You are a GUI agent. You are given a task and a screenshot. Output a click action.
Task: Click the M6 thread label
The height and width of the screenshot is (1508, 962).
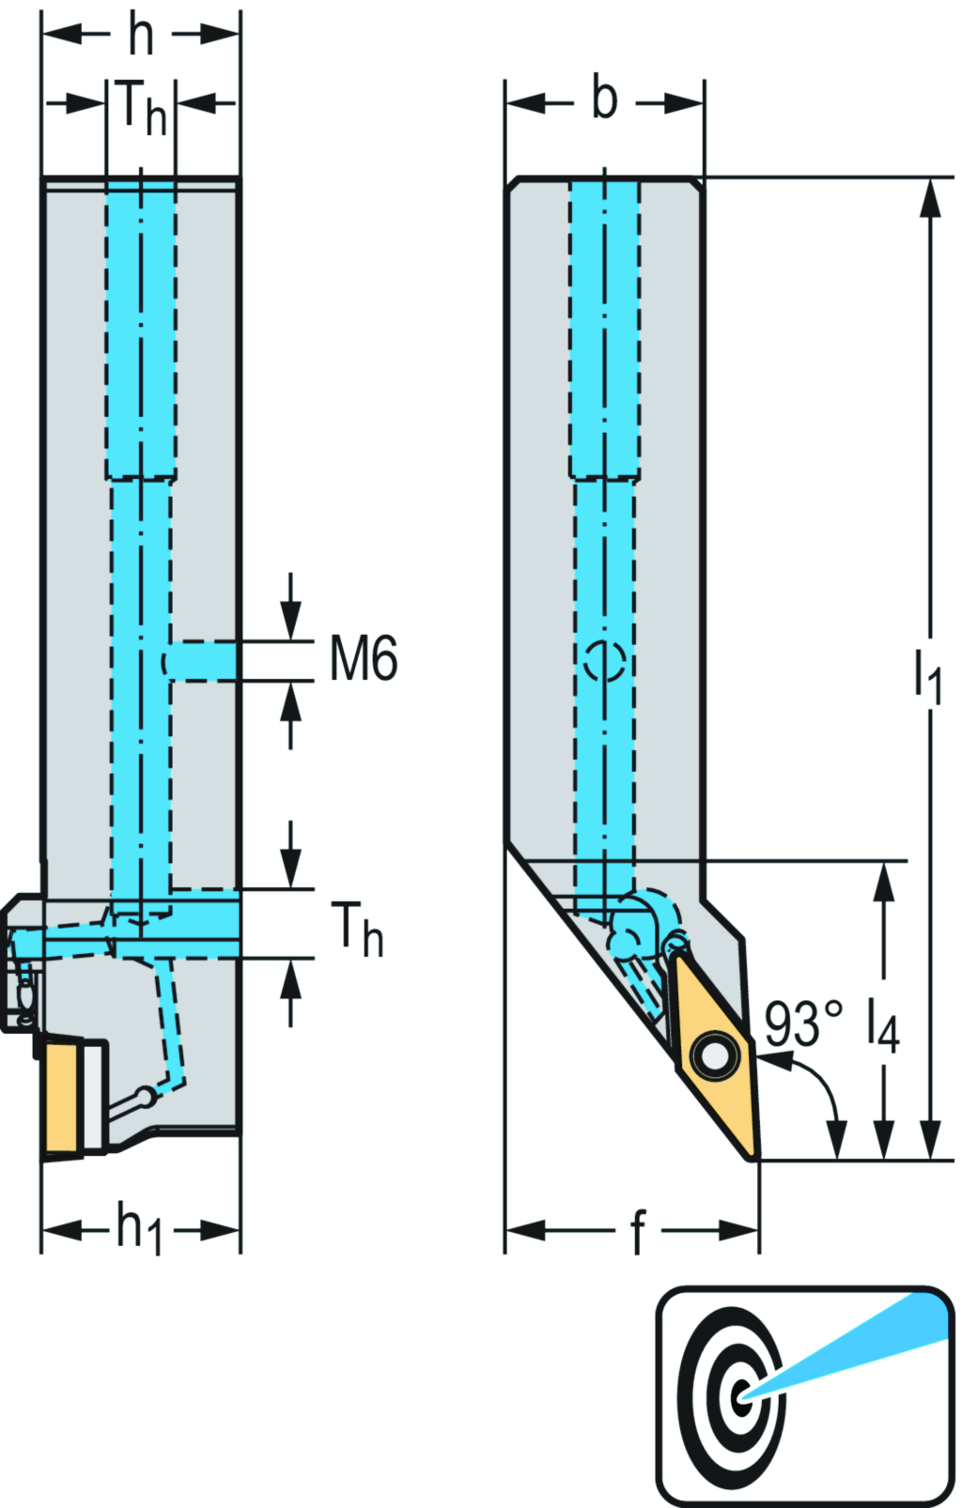click(364, 658)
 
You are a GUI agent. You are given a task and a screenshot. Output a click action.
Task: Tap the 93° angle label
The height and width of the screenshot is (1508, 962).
click(802, 1023)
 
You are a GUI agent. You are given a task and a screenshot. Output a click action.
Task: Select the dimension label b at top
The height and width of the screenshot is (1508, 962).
click(604, 99)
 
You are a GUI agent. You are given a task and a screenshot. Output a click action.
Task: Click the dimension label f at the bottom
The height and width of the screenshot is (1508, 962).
click(638, 1232)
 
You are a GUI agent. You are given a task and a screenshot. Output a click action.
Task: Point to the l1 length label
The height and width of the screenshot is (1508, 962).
click(928, 674)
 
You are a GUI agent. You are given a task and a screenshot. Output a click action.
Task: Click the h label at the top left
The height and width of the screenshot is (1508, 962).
click(141, 35)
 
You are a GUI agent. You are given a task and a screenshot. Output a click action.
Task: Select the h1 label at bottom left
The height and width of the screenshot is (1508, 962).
click(139, 1228)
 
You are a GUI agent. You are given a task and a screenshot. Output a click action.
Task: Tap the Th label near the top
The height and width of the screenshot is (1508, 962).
click(141, 107)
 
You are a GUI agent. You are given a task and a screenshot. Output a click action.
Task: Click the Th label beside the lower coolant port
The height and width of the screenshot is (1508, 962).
click(357, 929)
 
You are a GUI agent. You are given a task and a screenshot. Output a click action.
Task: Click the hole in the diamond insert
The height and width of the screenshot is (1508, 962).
click(715, 1057)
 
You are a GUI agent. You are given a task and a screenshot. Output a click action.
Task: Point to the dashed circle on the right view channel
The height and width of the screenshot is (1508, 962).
click(604, 660)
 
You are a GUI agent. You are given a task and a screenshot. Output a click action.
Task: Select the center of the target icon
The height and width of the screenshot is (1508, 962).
click(741, 1394)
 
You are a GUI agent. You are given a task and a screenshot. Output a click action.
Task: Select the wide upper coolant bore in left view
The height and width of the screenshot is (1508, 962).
click(141, 329)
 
